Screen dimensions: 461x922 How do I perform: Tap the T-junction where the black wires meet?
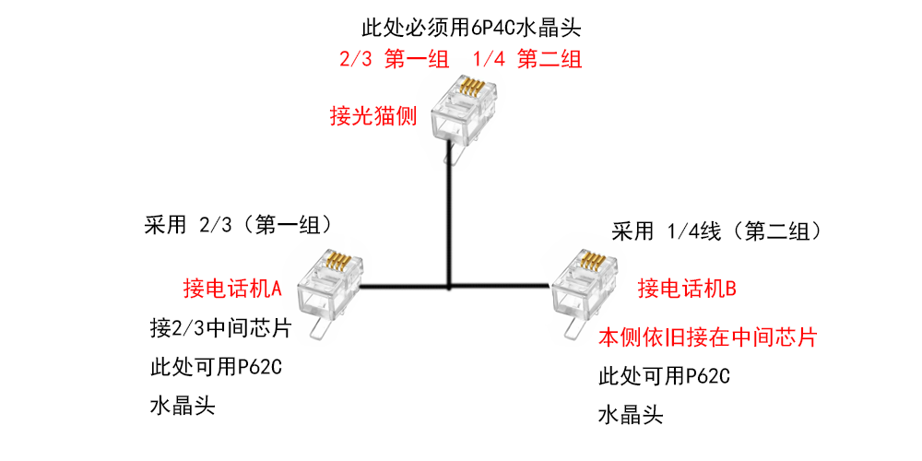point(449,288)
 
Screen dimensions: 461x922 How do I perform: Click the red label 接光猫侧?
point(373,117)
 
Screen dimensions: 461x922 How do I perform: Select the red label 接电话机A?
point(232,289)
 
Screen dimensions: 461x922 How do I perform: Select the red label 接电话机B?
point(687,289)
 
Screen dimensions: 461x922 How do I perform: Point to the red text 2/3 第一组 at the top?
point(391,61)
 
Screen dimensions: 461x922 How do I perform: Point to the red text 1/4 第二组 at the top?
point(526,61)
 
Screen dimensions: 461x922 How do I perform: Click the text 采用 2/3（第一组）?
point(239,225)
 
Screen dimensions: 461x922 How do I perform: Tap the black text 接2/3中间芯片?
point(219,327)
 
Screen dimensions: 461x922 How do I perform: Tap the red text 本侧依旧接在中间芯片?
point(707,337)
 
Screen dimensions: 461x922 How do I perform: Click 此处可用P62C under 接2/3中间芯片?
point(215,367)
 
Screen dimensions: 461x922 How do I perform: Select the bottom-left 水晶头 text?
point(182,406)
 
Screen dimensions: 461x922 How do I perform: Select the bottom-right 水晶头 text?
point(631,415)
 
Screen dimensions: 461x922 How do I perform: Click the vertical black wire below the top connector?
point(449,221)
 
